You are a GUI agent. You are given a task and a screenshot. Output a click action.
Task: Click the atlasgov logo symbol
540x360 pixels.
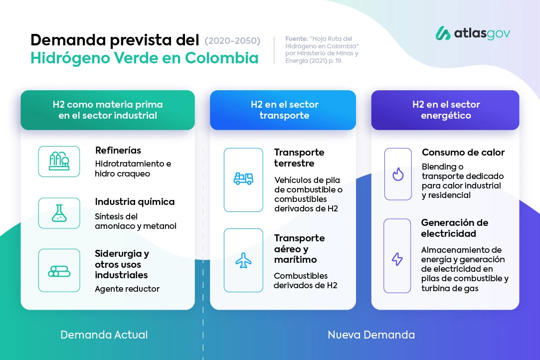tap(443, 33)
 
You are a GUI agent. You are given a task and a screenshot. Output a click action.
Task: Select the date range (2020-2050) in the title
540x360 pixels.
tap(232, 41)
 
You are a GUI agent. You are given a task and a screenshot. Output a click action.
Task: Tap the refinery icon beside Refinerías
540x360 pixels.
tap(59, 161)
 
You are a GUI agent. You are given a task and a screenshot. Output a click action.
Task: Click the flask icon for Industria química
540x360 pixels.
tap(59, 213)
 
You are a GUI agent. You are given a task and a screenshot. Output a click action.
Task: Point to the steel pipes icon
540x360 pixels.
tap(59, 271)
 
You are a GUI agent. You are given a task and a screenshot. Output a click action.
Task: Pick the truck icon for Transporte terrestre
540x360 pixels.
tap(243, 179)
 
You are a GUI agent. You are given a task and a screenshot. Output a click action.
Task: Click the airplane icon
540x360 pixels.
tap(243, 260)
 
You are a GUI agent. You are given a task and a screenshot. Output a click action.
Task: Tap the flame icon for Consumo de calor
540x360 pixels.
tap(398, 175)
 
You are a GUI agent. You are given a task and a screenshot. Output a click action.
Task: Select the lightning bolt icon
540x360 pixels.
tap(397, 259)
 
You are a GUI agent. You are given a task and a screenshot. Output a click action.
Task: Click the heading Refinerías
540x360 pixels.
tap(118, 150)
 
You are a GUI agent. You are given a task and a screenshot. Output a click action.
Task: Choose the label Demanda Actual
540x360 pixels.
tap(104, 335)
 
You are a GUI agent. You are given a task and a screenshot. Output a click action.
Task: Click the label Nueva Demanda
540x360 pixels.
tap(371, 335)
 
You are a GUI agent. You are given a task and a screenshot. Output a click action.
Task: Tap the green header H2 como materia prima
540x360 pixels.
tap(108, 110)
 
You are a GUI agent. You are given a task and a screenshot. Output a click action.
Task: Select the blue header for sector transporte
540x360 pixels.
tap(283, 110)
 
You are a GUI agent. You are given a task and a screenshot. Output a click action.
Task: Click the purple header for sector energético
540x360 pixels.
tap(445, 110)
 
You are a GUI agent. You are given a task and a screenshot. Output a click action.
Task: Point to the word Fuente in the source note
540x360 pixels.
tap(296, 38)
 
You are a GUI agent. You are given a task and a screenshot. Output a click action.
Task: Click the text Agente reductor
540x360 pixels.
tap(127, 289)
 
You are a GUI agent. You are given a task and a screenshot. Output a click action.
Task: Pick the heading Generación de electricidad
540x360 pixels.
tap(455, 228)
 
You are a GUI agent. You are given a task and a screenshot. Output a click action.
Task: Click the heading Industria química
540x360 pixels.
tap(135, 202)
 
